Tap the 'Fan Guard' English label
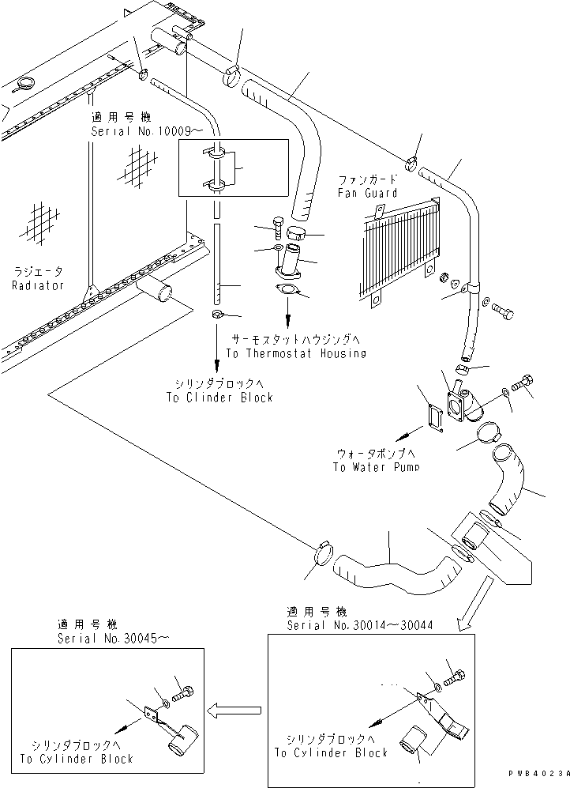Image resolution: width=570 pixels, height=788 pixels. (367, 193)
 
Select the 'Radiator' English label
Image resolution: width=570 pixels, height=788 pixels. (37, 285)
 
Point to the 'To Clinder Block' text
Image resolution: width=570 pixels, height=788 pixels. (219, 398)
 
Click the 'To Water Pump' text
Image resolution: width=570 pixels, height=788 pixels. (375, 467)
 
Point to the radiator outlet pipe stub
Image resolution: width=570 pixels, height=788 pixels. (156, 292)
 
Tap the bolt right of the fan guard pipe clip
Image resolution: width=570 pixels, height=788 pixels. (504, 310)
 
